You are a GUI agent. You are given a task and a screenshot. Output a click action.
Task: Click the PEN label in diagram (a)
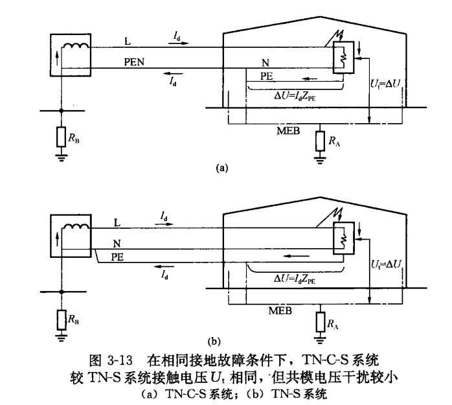(x=134, y=63)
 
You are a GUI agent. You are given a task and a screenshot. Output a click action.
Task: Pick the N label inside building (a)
(x=265, y=62)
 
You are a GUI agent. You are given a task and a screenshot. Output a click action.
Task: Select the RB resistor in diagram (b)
(x=61, y=319)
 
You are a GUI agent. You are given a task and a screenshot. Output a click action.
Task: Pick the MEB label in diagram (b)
(x=280, y=311)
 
